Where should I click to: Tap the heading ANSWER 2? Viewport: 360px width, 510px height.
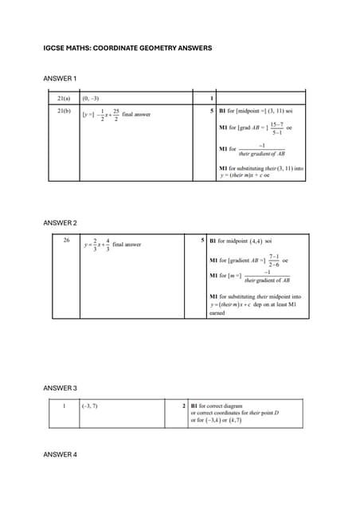(60, 222)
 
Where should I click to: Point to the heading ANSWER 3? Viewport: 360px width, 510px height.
(60, 388)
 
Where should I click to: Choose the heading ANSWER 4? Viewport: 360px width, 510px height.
(60, 454)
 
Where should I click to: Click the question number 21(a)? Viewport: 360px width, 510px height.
(64, 98)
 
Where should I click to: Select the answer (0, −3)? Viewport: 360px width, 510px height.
(90, 98)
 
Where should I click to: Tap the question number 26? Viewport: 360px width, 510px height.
(66, 239)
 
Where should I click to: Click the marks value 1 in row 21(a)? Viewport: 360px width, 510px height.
(201, 98)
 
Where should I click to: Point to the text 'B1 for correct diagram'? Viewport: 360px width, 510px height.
(220, 406)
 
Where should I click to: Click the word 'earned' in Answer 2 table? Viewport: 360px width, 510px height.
(217, 313)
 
